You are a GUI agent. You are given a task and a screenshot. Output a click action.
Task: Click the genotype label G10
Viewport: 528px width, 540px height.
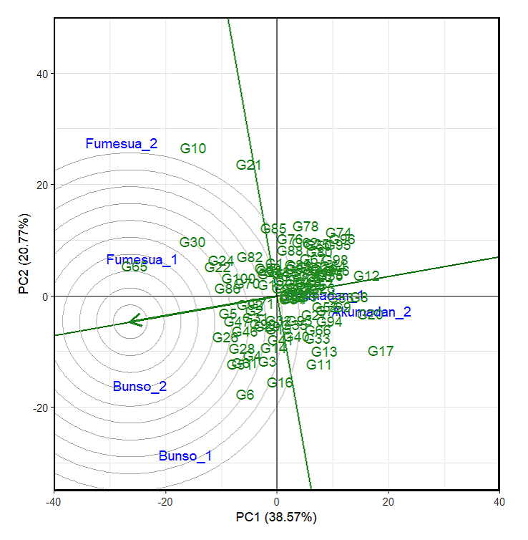(x=193, y=149)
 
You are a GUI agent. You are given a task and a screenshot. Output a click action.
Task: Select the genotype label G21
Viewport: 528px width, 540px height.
(x=248, y=165)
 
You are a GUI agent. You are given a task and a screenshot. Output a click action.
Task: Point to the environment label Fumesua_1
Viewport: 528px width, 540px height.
(x=142, y=260)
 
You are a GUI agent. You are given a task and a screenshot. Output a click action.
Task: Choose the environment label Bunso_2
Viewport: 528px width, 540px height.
(x=140, y=387)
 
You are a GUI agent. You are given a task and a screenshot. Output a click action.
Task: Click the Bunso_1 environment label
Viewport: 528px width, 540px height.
(x=185, y=456)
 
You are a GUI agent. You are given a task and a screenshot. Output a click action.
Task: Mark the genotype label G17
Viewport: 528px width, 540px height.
(x=381, y=352)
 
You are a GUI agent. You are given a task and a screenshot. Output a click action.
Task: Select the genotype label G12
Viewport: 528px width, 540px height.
(x=366, y=276)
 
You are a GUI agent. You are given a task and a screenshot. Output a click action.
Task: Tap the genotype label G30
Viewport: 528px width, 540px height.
(x=192, y=243)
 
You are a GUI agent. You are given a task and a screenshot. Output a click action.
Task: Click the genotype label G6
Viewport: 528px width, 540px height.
(x=245, y=395)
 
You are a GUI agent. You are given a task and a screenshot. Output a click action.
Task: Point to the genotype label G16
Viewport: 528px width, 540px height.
(x=280, y=383)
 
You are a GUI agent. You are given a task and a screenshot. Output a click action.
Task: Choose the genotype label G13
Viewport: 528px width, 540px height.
(x=324, y=352)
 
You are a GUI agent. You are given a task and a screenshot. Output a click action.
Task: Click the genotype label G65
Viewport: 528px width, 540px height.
(x=135, y=267)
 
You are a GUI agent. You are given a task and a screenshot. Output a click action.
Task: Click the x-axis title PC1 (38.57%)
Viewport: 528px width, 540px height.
(x=276, y=516)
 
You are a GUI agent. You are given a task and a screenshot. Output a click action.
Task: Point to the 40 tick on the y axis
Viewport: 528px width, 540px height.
(x=40, y=74)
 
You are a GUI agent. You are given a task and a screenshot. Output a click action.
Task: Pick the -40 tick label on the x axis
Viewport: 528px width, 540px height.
(x=54, y=501)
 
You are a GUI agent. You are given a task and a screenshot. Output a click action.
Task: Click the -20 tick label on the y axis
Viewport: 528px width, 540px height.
(x=38, y=408)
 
